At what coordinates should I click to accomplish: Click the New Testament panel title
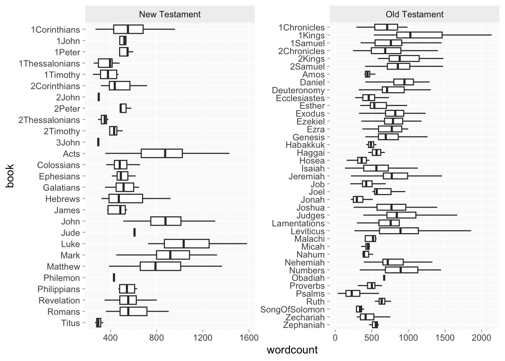(x=170, y=15)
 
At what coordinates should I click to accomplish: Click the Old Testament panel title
(x=414, y=15)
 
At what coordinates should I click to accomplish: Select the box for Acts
(x=162, y=153)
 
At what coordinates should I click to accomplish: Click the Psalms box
(x=353, y=293)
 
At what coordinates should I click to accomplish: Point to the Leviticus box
(x=399, y=231)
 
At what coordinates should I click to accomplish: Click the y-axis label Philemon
(x=62, y=278)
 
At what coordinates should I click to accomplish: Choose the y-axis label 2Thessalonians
(x=49, y=120)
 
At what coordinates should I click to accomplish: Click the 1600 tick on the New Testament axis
(x=248, y=337)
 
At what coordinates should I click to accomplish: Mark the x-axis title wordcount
(x=292, y=350)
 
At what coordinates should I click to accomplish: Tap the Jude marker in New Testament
(x=135, y=232)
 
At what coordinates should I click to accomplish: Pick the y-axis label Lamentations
(x=298, y=223)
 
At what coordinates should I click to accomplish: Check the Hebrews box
(x=125, y=199)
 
